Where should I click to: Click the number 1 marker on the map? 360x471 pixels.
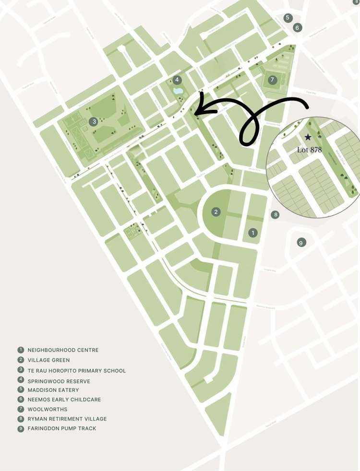253,233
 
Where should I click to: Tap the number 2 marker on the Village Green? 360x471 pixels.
216,212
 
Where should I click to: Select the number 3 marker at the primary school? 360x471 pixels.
94,121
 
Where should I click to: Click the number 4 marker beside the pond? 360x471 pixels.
177,80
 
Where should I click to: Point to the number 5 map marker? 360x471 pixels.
288,18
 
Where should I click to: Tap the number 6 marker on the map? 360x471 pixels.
298,27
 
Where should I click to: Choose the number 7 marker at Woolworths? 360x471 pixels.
273,80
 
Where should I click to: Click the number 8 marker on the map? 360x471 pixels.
275,214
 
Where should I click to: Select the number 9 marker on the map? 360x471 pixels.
301,242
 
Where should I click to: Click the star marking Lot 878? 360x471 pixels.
308,137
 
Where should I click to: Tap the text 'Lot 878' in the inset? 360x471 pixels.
309,150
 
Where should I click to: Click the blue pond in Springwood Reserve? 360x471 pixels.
178,91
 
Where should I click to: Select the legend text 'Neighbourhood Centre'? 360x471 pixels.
63,350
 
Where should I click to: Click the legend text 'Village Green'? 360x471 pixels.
48,360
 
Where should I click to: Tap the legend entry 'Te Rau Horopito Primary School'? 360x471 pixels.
76,371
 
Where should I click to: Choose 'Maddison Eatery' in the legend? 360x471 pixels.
53,390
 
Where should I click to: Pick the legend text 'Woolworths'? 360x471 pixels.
47,409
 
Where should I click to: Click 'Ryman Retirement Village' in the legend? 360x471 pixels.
67,419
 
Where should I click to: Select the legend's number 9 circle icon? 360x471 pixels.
21,429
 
